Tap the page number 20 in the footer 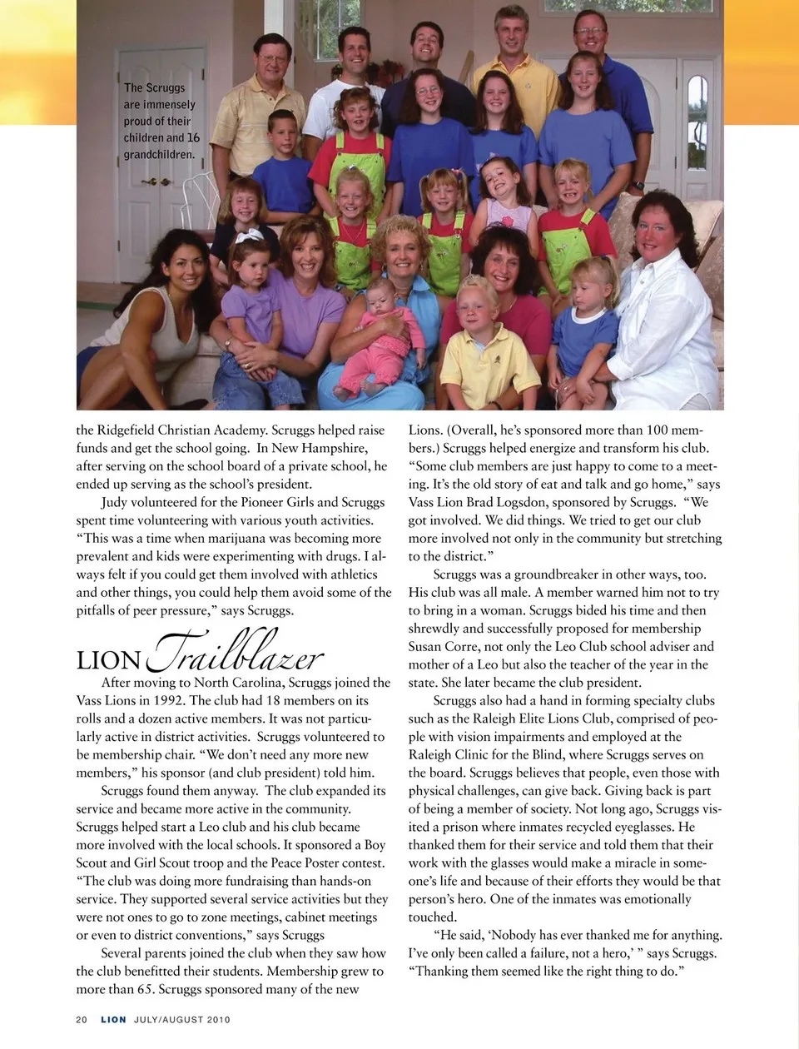coord(82,1019)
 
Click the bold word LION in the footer coord(114,1019)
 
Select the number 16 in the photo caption coord(193,137)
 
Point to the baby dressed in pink coord(385,333)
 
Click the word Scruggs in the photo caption coord(166,87)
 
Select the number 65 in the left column coord(144,989)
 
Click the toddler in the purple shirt coord(250,300)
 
